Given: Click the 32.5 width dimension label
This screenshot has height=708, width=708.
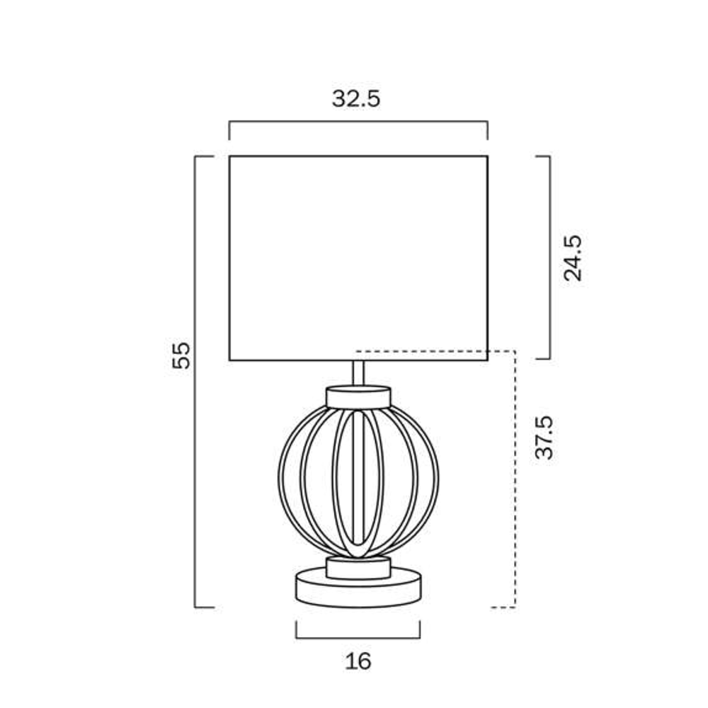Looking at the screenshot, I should click(356, 99).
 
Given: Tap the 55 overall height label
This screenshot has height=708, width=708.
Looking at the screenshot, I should click(182, 355).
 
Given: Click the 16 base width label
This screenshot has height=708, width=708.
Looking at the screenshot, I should click(358, 661).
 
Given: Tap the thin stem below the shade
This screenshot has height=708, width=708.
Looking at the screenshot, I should click(358, 373).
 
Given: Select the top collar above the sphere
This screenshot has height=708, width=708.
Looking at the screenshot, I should click(358, 396).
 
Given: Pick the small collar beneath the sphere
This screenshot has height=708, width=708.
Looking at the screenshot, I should click(358, 568).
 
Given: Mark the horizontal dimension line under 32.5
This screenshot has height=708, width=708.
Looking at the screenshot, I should click(358, 122).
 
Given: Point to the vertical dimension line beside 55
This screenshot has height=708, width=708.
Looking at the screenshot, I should click(195, 382).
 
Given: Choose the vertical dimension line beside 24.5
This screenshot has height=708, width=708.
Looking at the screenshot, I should click(549, 258).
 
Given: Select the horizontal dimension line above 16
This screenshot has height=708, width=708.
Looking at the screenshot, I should click(358, 637).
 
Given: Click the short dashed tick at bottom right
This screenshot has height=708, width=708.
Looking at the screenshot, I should click(503, 607).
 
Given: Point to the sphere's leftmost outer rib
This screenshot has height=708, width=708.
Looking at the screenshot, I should click(280, 481).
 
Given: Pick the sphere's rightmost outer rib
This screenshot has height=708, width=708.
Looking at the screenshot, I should click(437, 481).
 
